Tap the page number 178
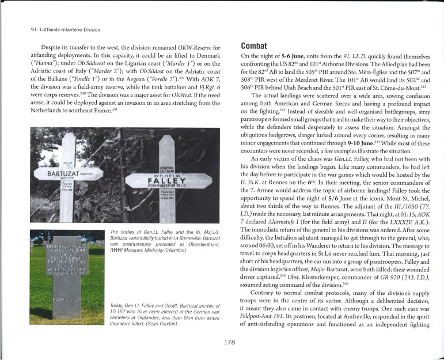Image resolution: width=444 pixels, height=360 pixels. (229, 342)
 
